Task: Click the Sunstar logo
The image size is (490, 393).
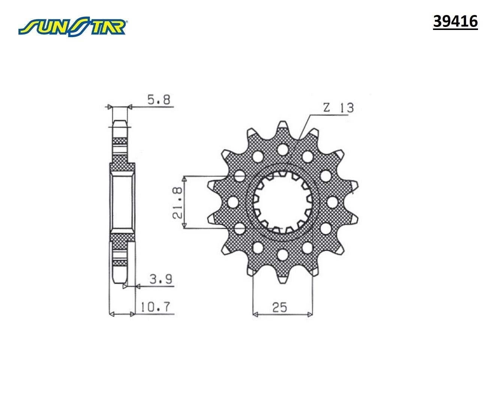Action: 73,26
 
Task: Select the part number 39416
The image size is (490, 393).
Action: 455,22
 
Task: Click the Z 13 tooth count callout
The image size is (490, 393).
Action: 338,108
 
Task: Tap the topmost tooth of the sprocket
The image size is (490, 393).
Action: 283,127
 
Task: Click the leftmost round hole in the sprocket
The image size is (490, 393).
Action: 233,202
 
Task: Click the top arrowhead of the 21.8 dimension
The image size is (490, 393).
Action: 184,179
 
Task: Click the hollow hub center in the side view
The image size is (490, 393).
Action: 121,202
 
